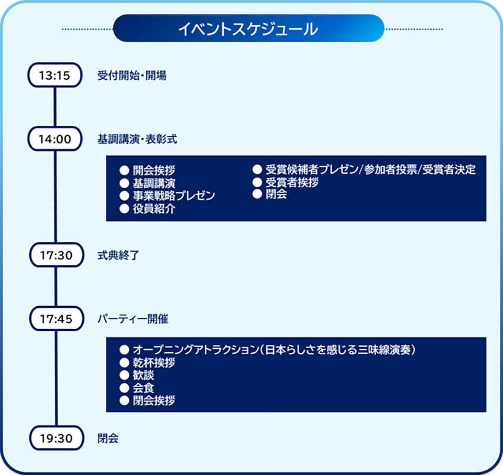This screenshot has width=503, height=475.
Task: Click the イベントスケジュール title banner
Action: coord(248,28)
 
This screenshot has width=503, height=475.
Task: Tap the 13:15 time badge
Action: coord(54,75)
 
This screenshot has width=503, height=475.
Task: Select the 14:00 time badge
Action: coord(54,139)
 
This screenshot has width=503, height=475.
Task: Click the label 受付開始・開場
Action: coord(132,75)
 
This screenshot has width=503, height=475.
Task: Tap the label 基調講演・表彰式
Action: coord(137,139)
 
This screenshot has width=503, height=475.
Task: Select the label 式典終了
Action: coord(117,256)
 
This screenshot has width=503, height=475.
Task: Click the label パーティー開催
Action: coord(133,318)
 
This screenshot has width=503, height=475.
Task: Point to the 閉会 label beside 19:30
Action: coord(107,438)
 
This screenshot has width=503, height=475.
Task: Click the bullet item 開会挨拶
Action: coord(153,170)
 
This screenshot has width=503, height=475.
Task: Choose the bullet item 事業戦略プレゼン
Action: coord(173,196)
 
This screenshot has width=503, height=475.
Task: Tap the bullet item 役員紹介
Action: coord(153,209)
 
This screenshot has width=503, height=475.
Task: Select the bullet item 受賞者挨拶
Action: coord(292,182)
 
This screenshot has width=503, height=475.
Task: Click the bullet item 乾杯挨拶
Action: coord(153,363)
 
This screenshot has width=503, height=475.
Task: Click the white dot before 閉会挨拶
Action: coord(124,401)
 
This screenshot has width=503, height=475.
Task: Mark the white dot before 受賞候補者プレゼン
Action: coord(257,170)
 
